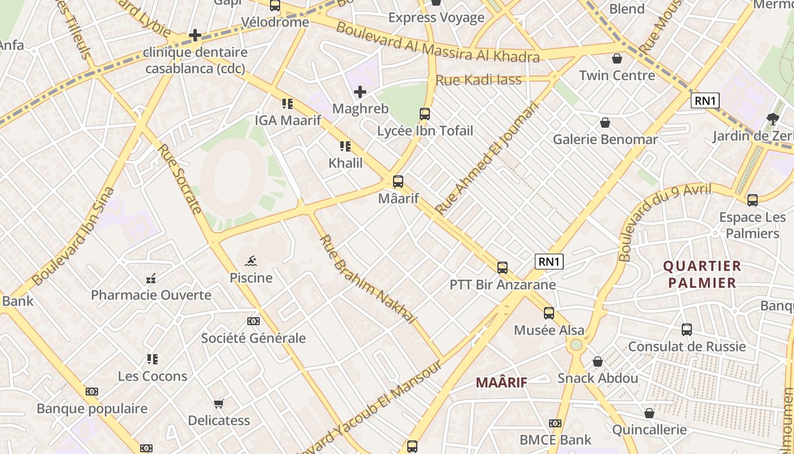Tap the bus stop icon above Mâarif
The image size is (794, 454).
[398, 182]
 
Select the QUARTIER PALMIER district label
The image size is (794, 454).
[702, 274]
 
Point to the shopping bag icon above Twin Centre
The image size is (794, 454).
[617, 58]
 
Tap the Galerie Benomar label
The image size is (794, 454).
[605, 139]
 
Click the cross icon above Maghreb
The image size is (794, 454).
[360, 91]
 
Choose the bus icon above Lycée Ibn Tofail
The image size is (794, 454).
[425, 113]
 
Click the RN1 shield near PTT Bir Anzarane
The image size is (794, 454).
[549, 262]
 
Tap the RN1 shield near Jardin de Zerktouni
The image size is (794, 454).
[706, 101]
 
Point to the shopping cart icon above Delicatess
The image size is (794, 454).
[219, 403]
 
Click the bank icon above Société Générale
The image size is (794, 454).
[254, 321]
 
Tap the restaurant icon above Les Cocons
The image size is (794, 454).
[152, 359]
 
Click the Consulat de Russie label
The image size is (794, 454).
[687, 346]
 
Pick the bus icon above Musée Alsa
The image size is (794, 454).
[548, 313]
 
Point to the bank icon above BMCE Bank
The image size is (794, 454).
[555, 423]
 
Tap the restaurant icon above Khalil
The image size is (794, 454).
[345, 146]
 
